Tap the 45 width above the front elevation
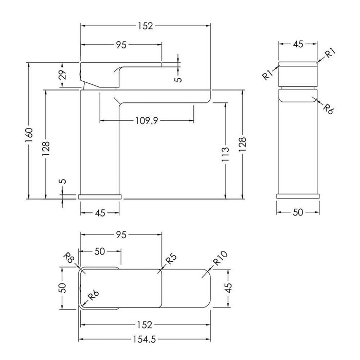coord(298,44)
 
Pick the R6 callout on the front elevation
coord(328,109)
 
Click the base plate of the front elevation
coord(298,196)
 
